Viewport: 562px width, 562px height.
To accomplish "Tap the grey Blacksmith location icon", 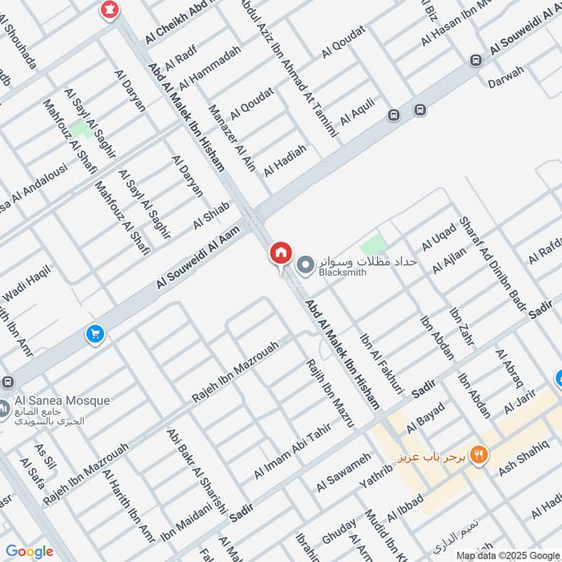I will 306,265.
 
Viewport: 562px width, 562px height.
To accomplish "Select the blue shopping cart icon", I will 96,334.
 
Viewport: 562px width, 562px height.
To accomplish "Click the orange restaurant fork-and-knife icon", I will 479,455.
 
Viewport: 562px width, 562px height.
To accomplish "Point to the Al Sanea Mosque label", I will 61,401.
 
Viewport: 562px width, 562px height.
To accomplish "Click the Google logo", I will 29,551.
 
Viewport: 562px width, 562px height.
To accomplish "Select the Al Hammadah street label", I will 209,67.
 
